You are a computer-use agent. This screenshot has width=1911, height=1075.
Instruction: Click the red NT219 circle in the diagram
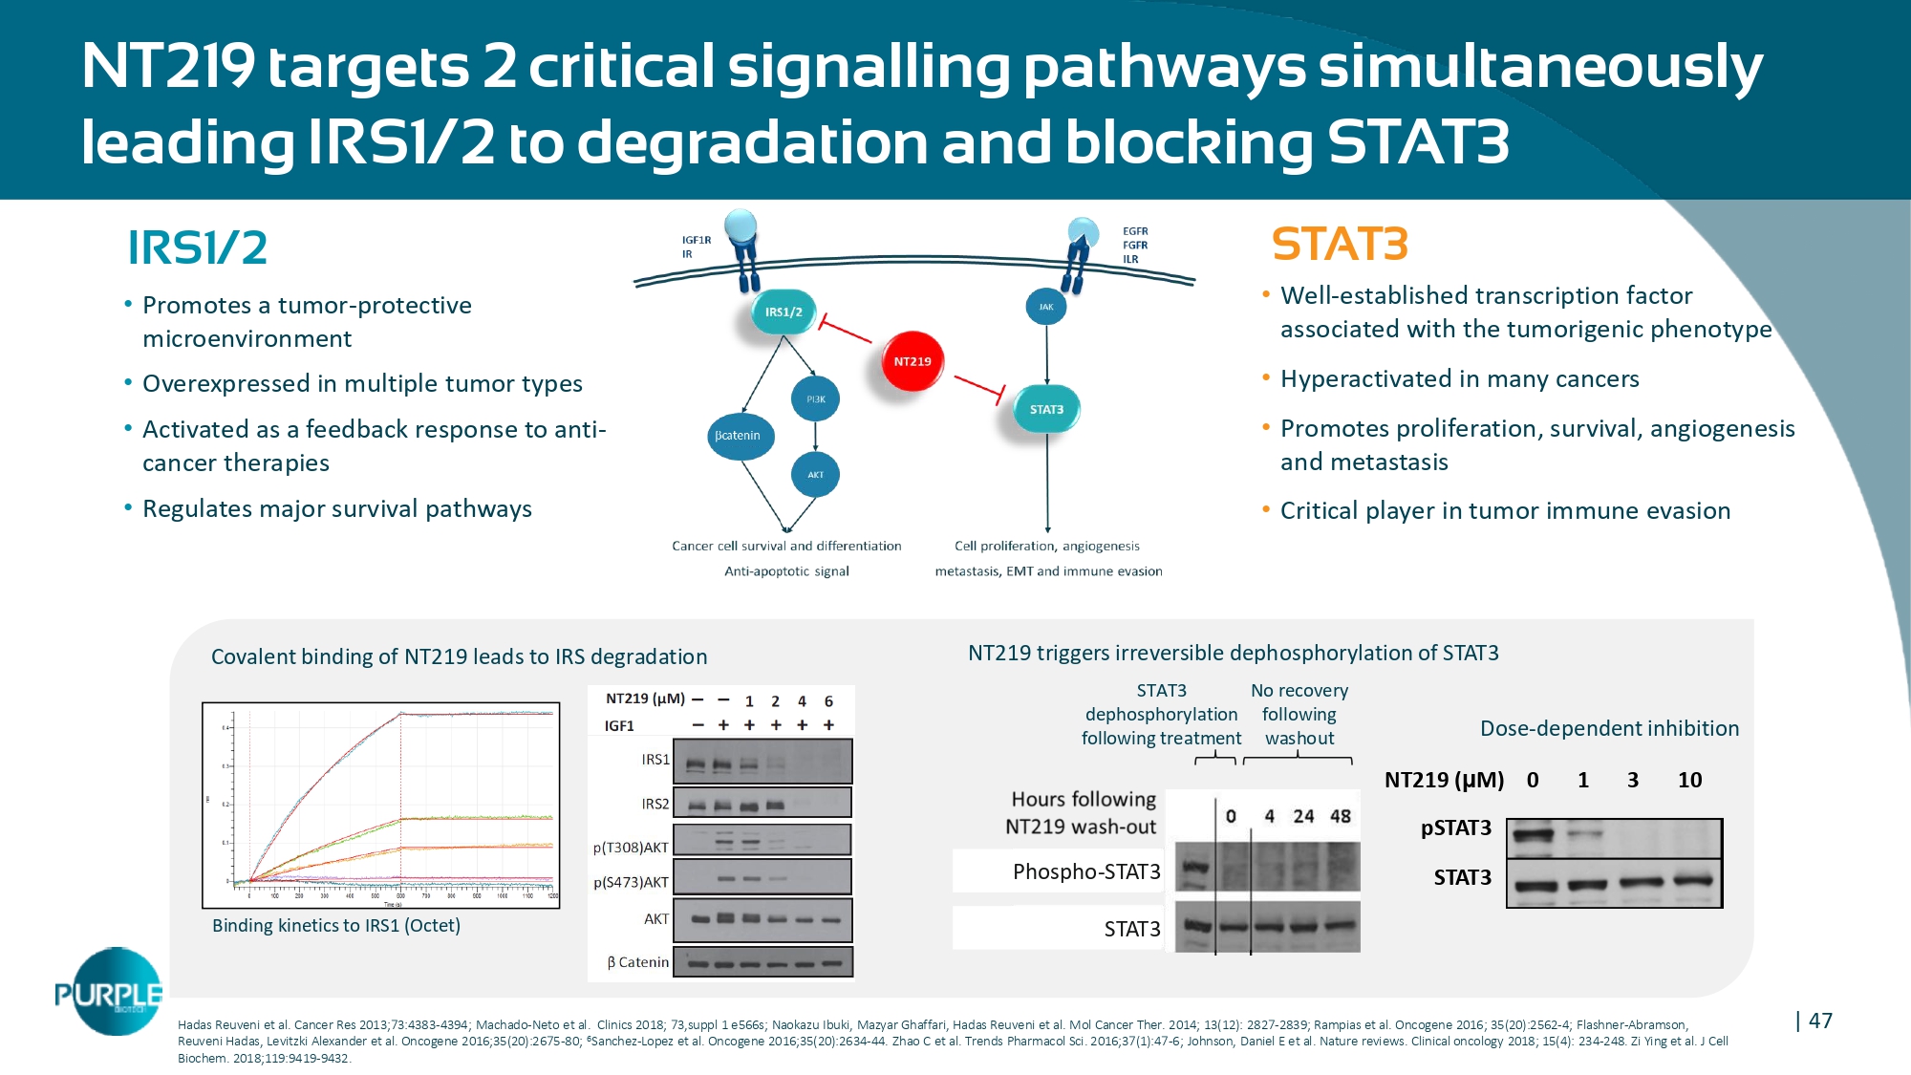(x=913, y=361)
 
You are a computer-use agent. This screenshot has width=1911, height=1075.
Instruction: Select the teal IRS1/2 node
(x=784, y=312)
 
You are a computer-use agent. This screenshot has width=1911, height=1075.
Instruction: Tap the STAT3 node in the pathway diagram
(x=1046, y=409)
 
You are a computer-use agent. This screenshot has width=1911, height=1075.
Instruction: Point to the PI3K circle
(x=815, y=398)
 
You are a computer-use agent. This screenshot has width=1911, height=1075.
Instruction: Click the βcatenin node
(x=739, y=436)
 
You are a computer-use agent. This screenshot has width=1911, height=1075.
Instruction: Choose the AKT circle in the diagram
(x=815, y=474)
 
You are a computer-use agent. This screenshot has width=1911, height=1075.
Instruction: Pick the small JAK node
(x=1046, y=307)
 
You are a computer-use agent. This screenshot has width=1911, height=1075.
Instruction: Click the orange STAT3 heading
(x=1340, y=245)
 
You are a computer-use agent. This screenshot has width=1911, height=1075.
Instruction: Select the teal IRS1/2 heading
(x=197, y=248)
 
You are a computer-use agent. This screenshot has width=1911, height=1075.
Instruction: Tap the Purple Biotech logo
(x=108, y=994)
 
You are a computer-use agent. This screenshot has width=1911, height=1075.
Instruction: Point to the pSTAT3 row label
(x=1455, y=828)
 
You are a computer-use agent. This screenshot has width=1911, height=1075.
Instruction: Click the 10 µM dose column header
(x=1689, y=780)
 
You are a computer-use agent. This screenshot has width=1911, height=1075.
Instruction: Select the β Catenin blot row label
(x=637, y=962)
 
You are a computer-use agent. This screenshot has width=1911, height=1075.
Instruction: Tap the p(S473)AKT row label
(x=631, y=882)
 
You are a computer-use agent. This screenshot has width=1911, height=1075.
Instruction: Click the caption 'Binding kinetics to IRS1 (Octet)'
(x=336, y=925)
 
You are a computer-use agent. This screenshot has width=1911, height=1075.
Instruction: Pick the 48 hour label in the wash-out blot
(x=1341, y=816)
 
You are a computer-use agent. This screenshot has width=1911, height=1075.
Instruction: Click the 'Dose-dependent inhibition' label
(x=1609, y=728)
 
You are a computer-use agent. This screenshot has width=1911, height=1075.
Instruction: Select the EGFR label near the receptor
(x=1135, y=231)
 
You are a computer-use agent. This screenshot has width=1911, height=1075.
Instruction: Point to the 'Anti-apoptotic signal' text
(x=786, y=571)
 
